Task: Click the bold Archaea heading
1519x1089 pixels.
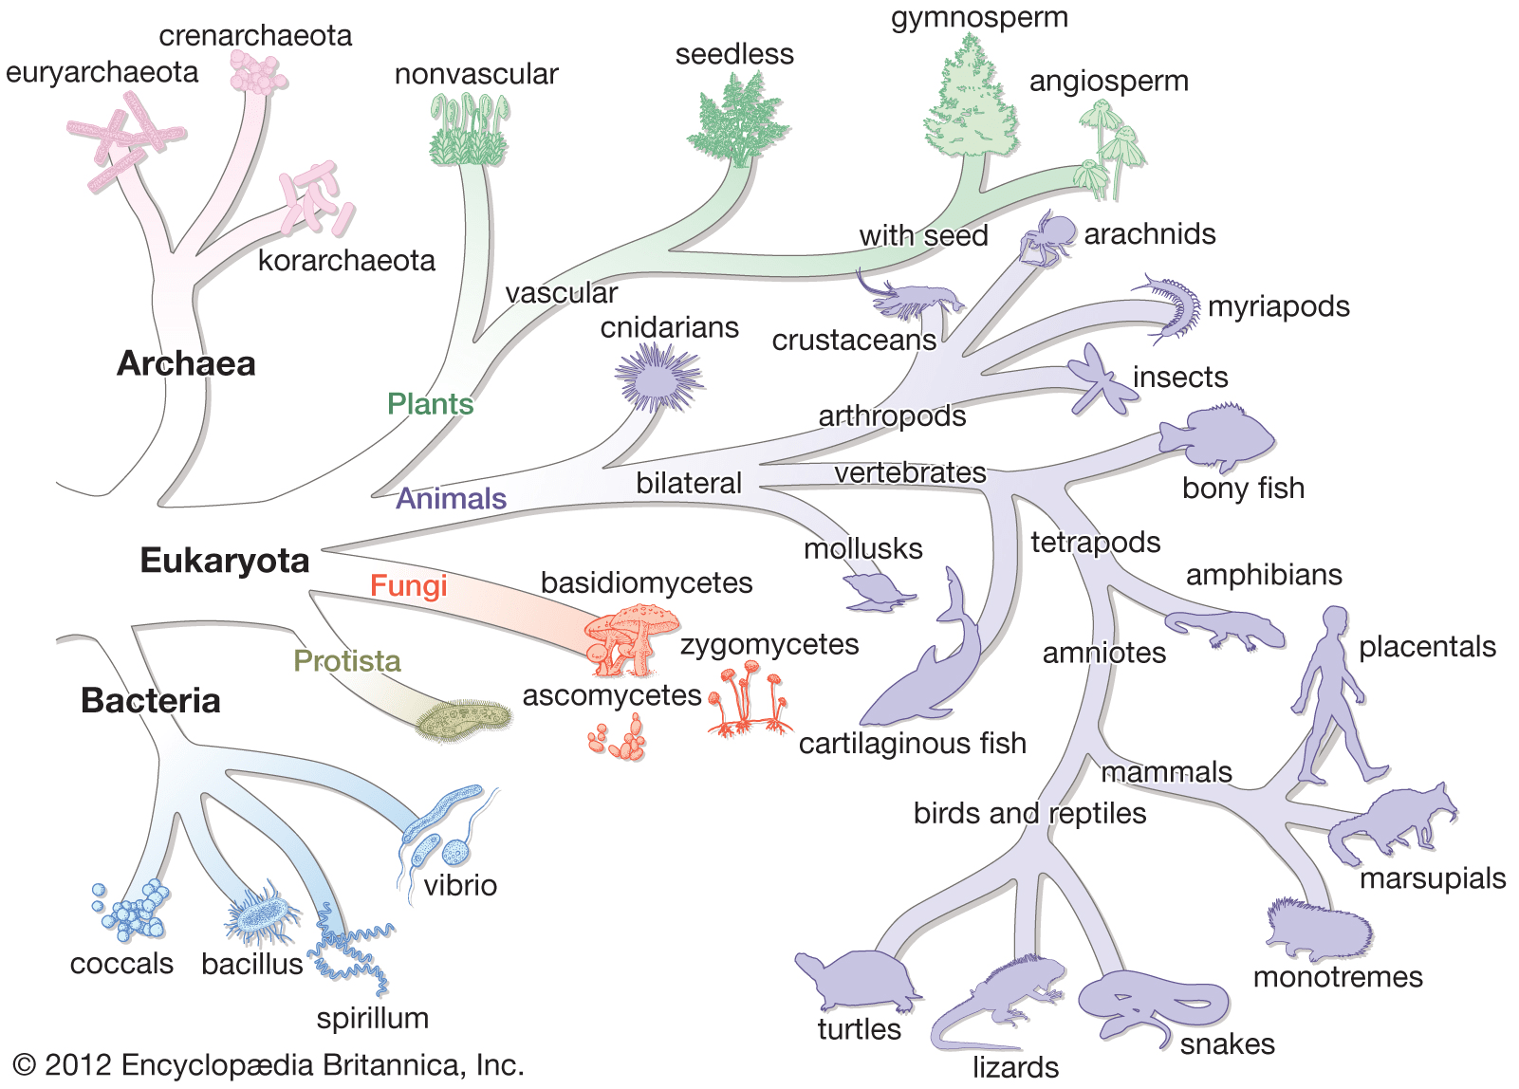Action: click(x=186, y=363)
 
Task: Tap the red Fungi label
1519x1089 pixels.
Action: click(x=408, y=585)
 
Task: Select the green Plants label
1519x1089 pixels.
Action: click(x=430, y=404)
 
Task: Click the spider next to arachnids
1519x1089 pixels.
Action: click(x=1048, y=237)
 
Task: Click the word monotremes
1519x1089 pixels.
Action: click(x=1338, y=976)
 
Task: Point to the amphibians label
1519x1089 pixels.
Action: click(x=1264, y=574)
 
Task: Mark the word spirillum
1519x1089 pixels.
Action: click(x=373, y=1018)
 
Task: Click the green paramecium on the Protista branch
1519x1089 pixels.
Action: click(x=464, y=721)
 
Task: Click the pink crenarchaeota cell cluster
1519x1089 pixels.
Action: click(x=257, y=73)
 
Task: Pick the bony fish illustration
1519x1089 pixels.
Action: click(x=1218, y=436)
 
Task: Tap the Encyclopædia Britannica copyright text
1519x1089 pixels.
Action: click(x=269, y=1064)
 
